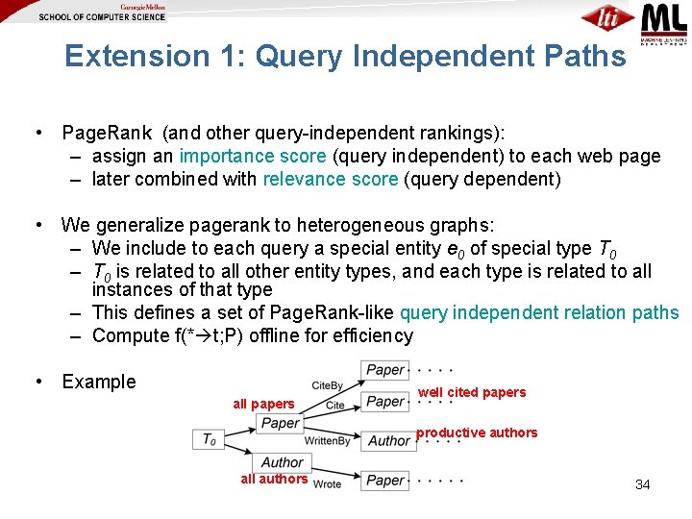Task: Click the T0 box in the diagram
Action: [x=209, y=439]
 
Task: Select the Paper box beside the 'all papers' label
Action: [x=280, y=423]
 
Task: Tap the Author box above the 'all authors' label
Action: [x=282, y=462]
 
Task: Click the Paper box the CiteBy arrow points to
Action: [x=385, y=370]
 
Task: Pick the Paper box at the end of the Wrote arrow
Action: [x=385, y=480]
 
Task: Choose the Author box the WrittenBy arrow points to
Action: [x=388, y=441]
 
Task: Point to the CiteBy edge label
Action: [x=328, y=385]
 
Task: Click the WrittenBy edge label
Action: [x=327, y=441]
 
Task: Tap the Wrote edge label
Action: [x=327, y=483]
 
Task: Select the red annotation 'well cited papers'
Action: [x=472, y=392]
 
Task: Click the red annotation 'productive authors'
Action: [x=477, y=432]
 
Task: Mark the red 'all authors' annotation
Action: [x=274, y=479]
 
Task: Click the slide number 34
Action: [x=642, y=484]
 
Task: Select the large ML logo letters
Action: [x=663, y=18]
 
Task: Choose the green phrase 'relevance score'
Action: [x=330, y=179]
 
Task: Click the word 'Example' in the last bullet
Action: [x=99, y=382]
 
